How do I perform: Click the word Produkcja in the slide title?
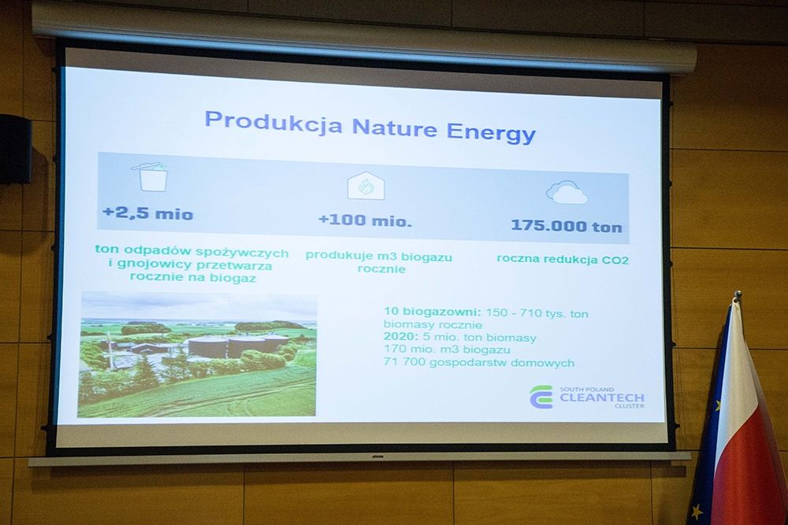pyautogui.click(x=273, y=123)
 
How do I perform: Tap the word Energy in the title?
pyautogui.click(x=491, y=133)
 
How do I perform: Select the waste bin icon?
pyautogui.click(x=150, y=176)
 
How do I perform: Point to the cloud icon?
pyautogui.click(x=567, y=193)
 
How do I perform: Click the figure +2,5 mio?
pyautogui.click(x=148, y=213)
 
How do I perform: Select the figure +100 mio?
pyautogui.click(x=366, y=220)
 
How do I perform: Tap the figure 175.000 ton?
pyautogui.click(x=567, y=226)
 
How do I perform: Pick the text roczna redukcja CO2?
pyautogui.click(x=563, y=259)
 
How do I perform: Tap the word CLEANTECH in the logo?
pyautogui.click(x=601, y=398)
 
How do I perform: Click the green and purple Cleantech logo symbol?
pyautogui.click(x=541, y=397)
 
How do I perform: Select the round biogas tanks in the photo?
pyautogui.click(x=238, y=346)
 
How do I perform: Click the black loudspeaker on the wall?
pyautogui.click(x=15, y=149)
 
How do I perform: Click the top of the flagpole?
pyautogui.click(x=738, y=294)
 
